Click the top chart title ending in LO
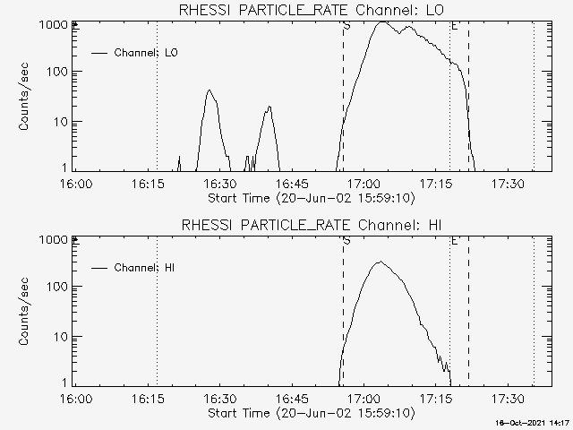click(310, 10)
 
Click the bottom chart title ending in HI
click(310, 225)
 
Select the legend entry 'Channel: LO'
click(146, 53)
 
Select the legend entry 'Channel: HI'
click(146, 268)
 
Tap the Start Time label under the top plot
click(310, 198)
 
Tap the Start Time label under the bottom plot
click(310, 413)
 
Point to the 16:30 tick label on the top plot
click(219, 184)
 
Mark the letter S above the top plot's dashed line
click(346, 27)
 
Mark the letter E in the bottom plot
click(454, 242)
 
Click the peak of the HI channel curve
click(380, 262)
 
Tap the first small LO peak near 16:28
click(210, 90)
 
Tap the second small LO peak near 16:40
click(269, 107)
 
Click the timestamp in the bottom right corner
click(535, 423)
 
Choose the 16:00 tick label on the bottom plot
click(75, 399)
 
